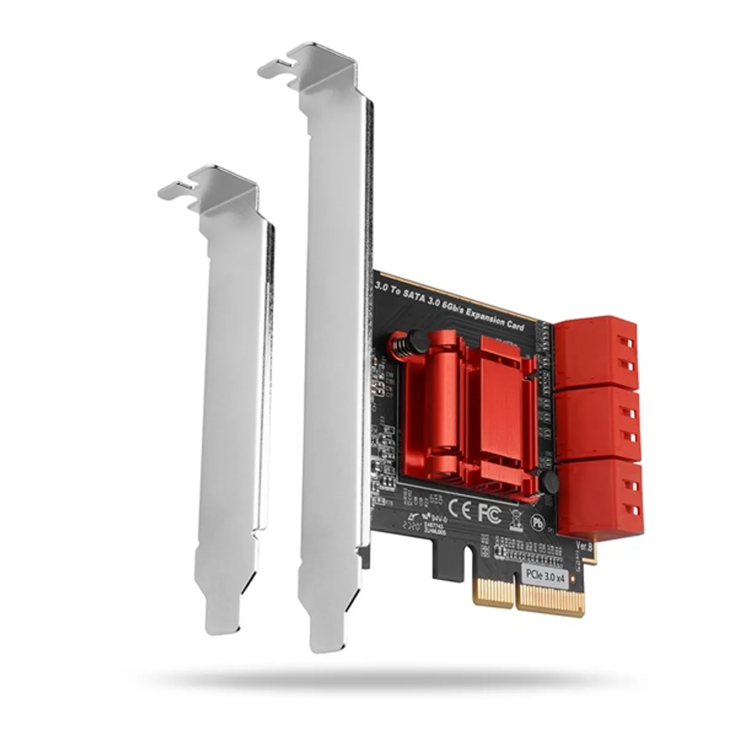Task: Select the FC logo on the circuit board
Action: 489,513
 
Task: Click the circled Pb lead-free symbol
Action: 537,521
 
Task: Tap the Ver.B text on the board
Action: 585,545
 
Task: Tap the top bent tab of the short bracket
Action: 209,184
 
